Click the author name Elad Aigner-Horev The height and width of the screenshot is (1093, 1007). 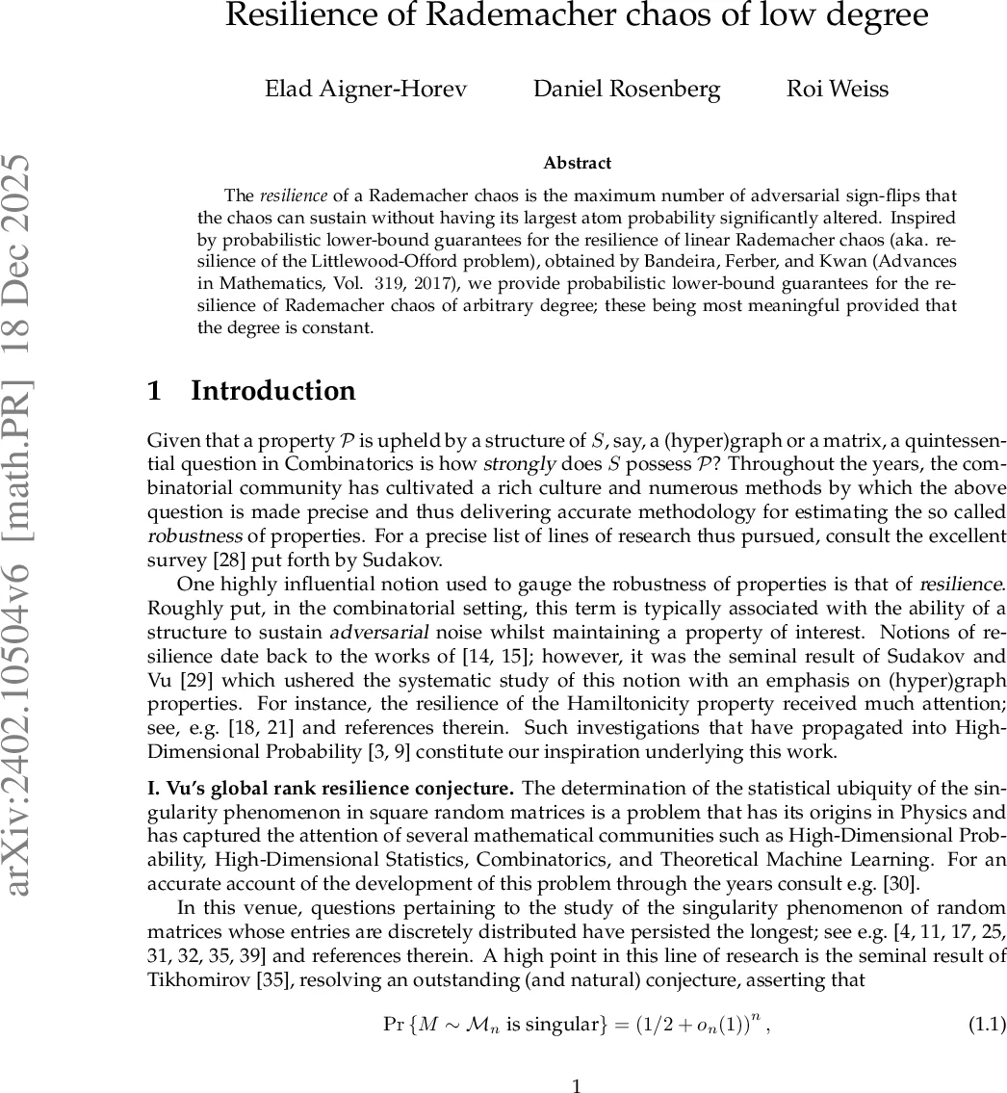tap(366, 90)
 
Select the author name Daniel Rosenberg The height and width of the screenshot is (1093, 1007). tap(627, 90)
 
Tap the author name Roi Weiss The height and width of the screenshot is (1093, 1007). tap(837, 90)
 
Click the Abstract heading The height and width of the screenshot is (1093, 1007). tap(577, 163)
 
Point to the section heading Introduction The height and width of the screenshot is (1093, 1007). tap(273, 390)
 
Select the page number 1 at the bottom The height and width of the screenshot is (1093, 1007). tap(577, 1086)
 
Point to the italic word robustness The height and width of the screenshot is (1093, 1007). tap(188, 535)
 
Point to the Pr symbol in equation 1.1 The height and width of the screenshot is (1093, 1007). tap(395, 1023)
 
